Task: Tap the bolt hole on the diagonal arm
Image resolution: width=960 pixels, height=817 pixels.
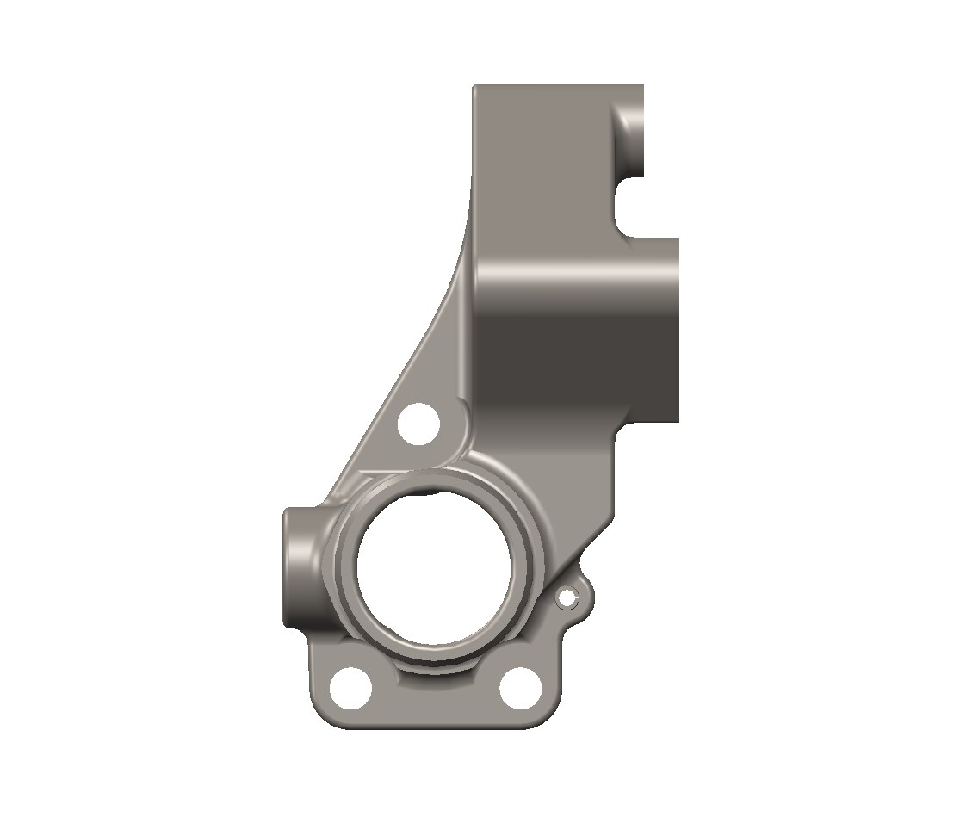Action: click(x=419, y=424)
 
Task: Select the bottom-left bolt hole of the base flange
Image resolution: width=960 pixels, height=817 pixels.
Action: click(x=352, y=687)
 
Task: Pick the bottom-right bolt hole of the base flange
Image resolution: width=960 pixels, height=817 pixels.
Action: click(x=521, y=687)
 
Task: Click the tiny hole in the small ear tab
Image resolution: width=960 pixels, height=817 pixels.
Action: click(x=567, y=596)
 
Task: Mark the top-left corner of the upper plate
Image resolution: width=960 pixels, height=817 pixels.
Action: click(x=475, y=86)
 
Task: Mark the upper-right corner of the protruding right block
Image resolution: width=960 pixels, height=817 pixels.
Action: click(x=678, y=240)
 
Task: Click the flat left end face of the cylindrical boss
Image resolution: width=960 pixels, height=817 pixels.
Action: click(x=286, y=566)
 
